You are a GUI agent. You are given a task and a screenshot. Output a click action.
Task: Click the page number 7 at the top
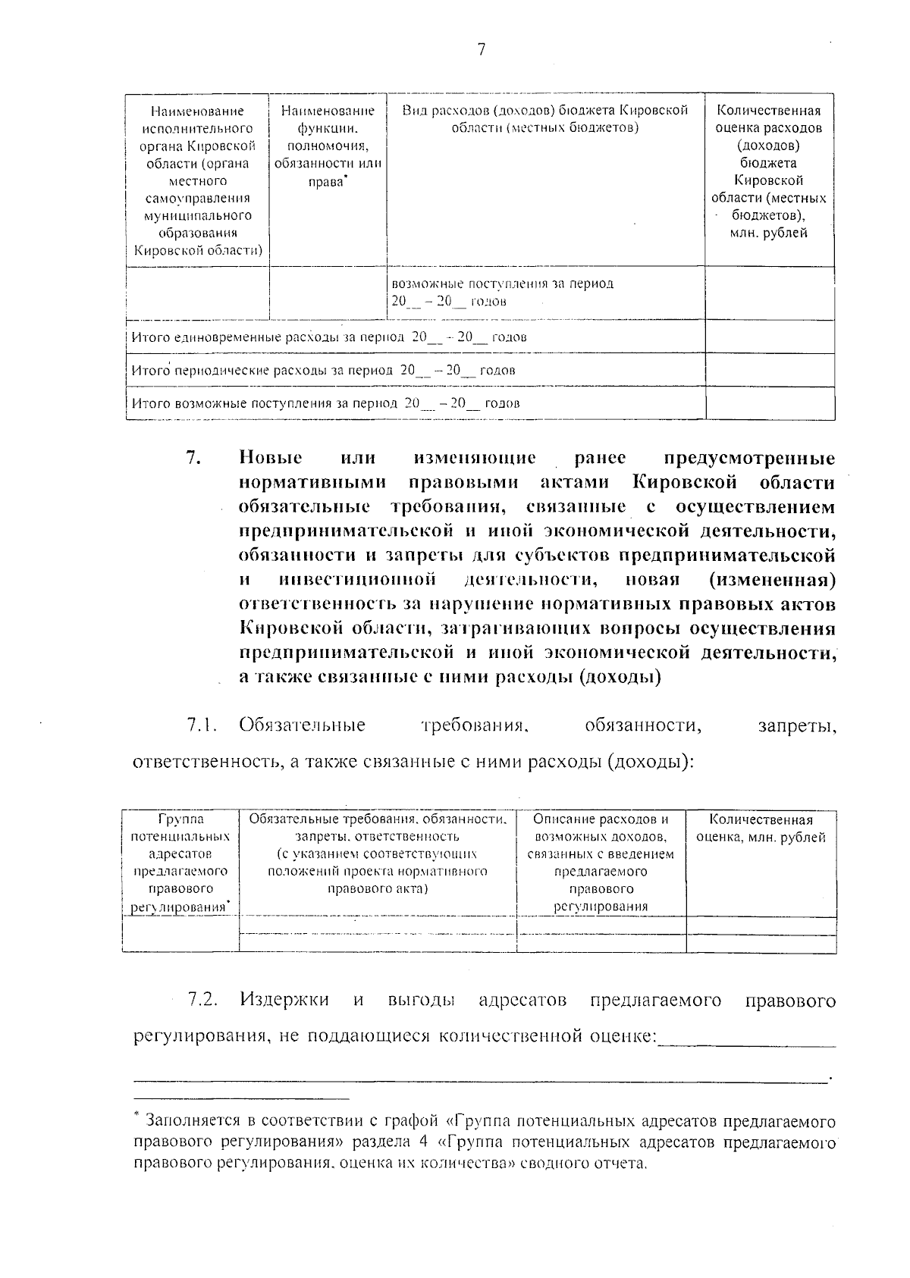click(481, 51)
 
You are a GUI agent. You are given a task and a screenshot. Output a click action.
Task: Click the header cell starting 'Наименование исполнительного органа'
click(198, 180)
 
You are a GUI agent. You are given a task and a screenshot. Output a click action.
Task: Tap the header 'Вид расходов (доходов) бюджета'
click(544, 119)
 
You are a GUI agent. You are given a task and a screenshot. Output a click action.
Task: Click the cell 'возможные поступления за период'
click(502, 293)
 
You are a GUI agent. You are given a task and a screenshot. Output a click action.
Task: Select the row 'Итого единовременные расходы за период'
click(329, 337)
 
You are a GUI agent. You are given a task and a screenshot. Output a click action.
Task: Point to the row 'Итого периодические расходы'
click(324, 371)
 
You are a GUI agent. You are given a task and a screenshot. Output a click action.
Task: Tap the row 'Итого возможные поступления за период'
click(326, 403)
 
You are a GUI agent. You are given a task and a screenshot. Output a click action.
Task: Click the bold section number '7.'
click(193, 458)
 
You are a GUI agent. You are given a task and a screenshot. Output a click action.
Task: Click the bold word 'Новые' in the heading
click(271, 458)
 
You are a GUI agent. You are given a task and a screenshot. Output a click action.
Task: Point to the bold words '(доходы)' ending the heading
click(620, 677)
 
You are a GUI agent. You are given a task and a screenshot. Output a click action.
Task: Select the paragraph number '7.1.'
click(202, 725)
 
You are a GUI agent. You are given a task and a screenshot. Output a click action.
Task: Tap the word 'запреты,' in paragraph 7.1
click(797, 725)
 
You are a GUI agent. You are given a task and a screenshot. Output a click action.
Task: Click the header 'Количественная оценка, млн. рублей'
click(761, 829)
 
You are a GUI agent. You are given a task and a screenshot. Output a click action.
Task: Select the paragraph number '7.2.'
click(202, 1001)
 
